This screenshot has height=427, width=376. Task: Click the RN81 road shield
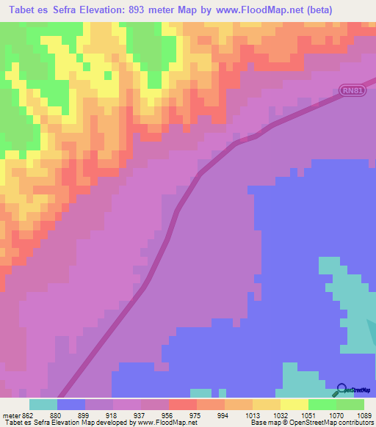tap(352, 91)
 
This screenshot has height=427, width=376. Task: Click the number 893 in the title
tap(141, 10)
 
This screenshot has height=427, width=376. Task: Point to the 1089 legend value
tap(364, 415)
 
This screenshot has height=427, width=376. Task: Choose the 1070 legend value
tap(336, 415)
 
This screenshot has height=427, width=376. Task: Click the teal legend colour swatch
tap(43, 404)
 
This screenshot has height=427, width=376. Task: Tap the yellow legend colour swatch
tap(294, 404)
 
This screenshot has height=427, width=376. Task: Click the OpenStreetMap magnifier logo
tap(341, 390)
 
